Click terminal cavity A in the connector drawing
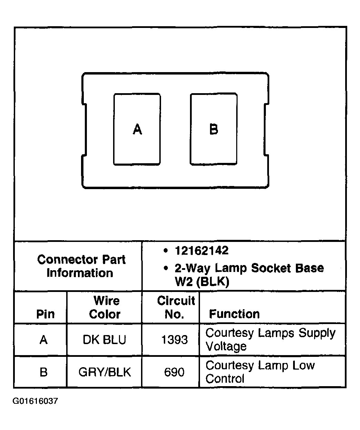(x=137, y=129)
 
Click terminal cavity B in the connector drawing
(x=214, y=129)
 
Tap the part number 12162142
(x=201, y=251)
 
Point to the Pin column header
(x=45, y=314)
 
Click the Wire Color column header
(x=105, y=307)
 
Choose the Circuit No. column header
(x=176, y=307)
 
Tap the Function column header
(x=234, y=314)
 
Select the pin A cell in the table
(x=43, y=340)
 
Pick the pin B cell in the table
(x=43, y=372)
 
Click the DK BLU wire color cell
(x=104, y=340)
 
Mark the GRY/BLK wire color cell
(x=104, y=372)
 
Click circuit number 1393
(x=174, y=340)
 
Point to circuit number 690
(x=174, y=372)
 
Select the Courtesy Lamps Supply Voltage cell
(x=270, y=340)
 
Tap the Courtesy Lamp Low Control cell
(x=260, y=372)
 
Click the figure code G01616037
(x=35, y=401)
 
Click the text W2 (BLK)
(x=202, y=282)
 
